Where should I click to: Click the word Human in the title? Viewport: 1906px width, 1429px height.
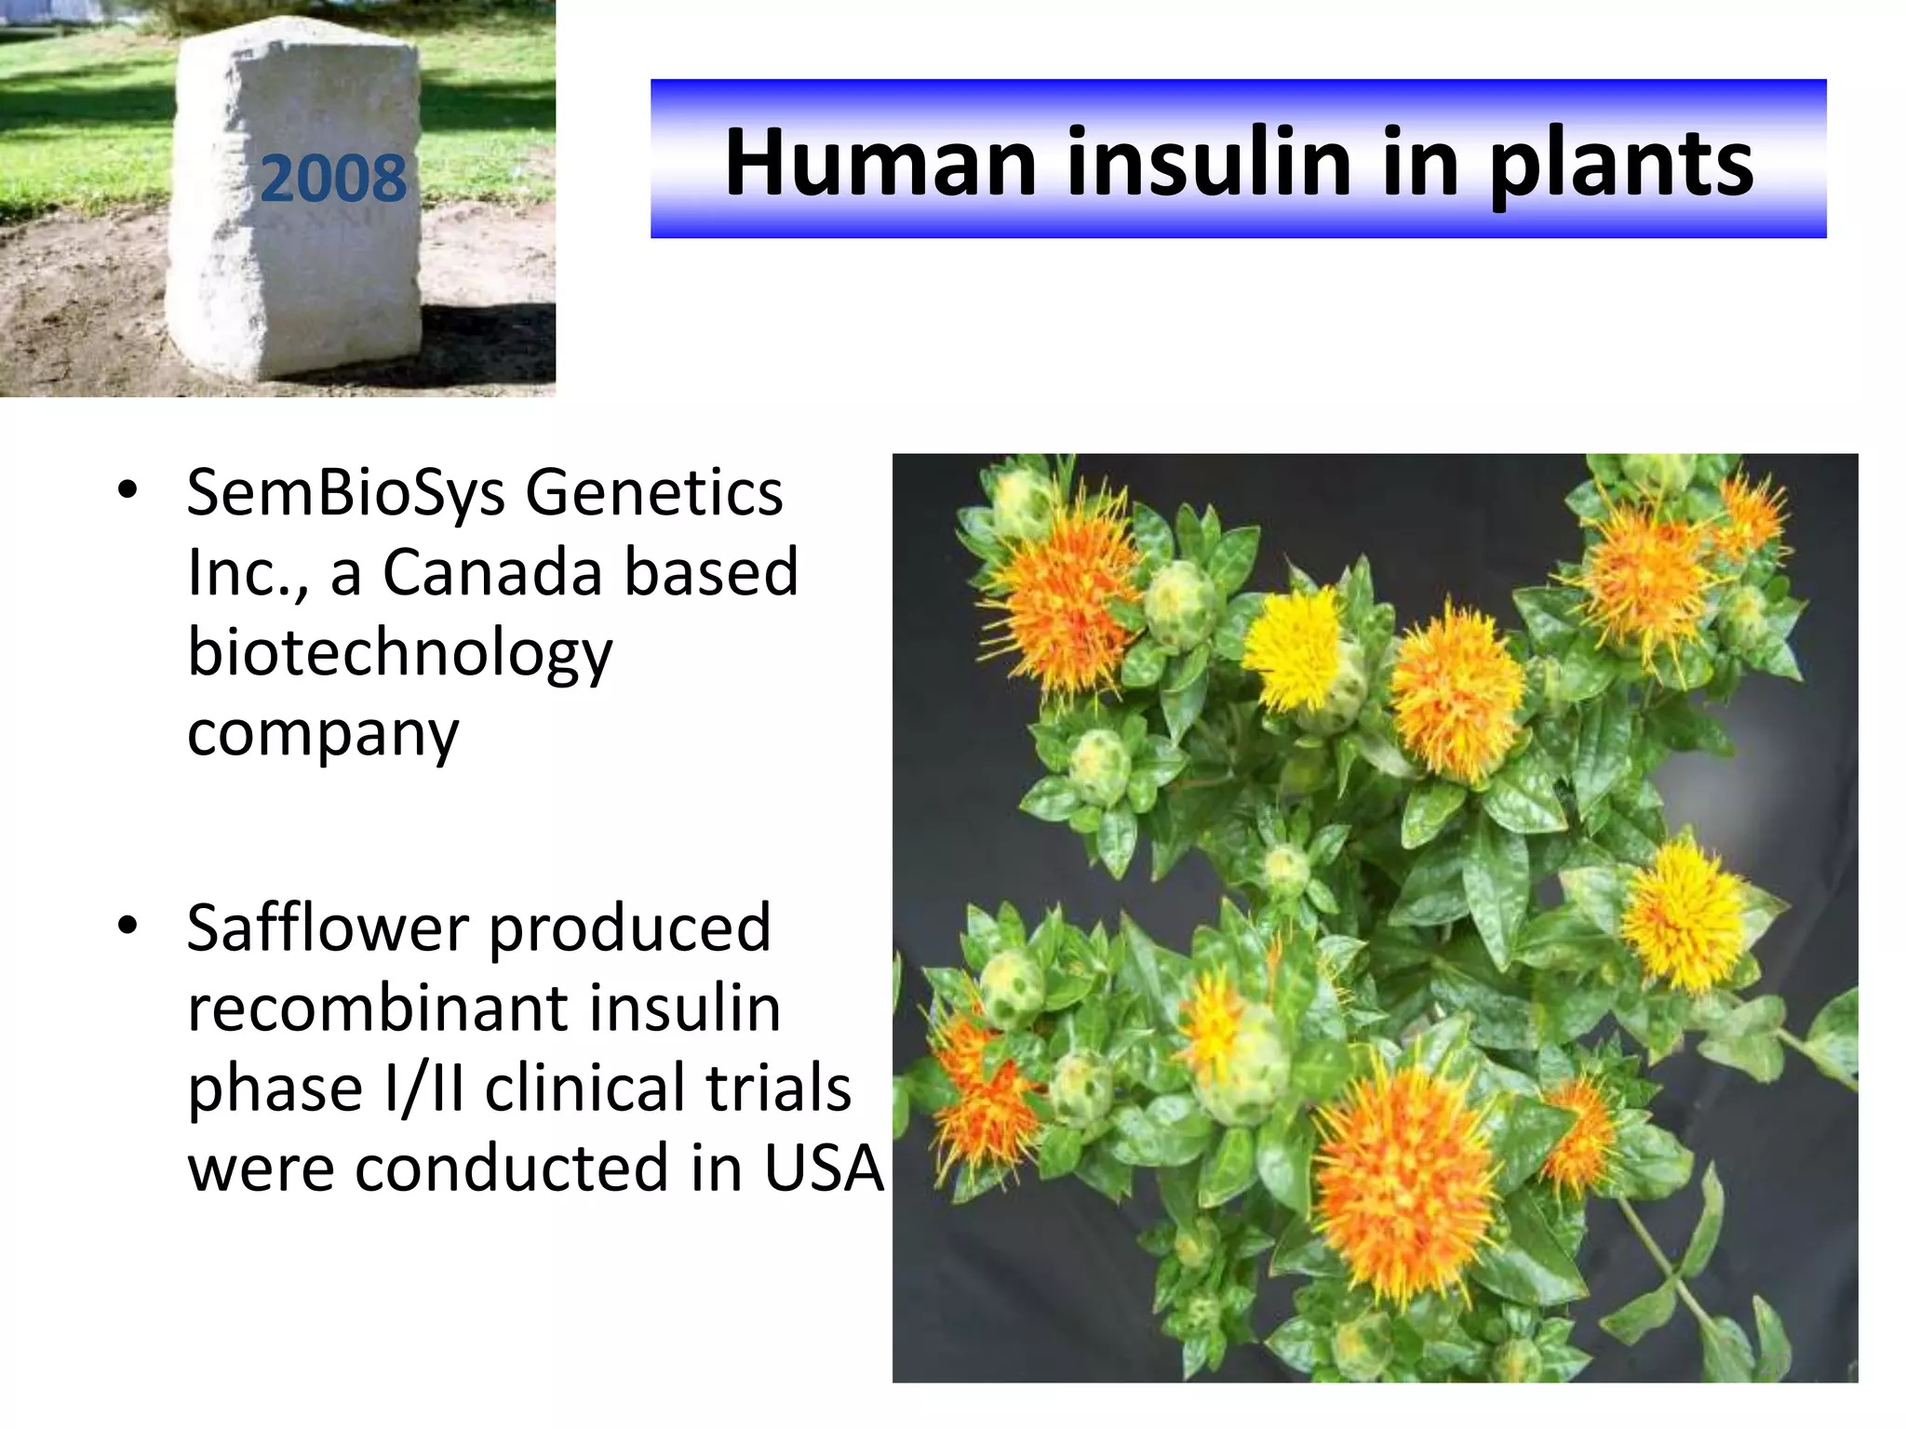(879, 163)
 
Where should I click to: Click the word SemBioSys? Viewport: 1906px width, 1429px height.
(345, 493)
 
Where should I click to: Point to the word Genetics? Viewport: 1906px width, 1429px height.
(654, 493)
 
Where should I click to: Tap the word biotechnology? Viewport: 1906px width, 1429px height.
(400, 653)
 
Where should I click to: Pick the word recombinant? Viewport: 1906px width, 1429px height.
(383, 1008)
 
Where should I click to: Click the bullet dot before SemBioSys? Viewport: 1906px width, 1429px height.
(128, 490)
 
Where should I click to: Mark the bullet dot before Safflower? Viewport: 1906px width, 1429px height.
(128, 926)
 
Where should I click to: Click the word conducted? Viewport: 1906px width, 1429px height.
(512, 1168)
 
